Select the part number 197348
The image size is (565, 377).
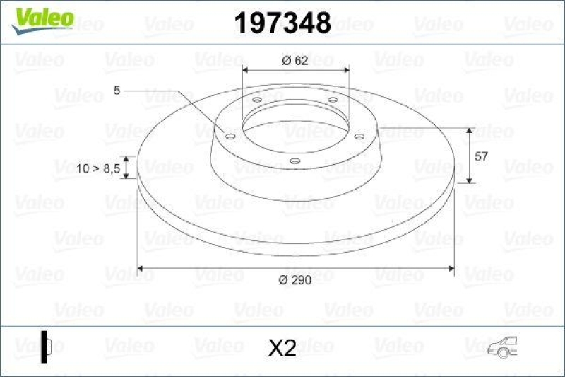[x=282, y=23]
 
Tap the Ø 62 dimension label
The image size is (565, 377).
[x=295, y=60]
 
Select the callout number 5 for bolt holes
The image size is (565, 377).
[x=117, y=90]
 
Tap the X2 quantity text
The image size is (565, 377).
[x=282, y=347]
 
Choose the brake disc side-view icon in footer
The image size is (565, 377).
[x=47, y=346]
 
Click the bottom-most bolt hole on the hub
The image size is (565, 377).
[x=295, y=161]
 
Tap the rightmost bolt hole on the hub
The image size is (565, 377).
[x=359, y=137]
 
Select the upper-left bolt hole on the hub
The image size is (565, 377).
[x=256, y=100]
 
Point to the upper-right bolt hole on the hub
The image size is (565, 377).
[x=332, y=100]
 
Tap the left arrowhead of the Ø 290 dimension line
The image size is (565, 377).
[x=141, y=268]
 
